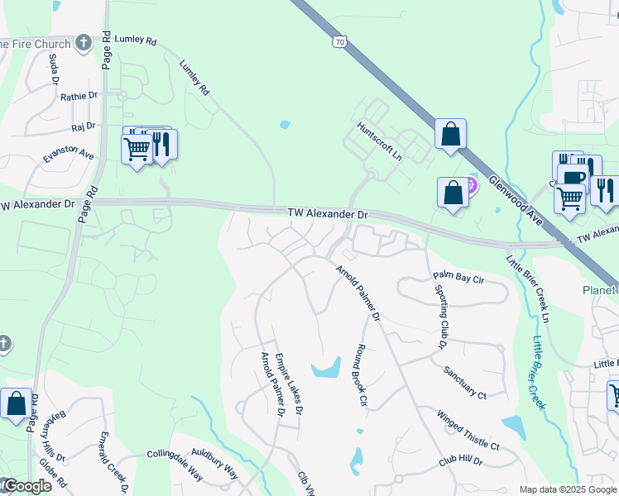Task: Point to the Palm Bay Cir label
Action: pyautogui.click(x=458, y=279)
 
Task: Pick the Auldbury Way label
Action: pyautogui.click(x=214, y=463)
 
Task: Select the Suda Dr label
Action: pyautogui.click(x=52, y=70)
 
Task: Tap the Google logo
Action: pyautogui.click(x=26, y=486)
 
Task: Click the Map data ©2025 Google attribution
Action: pyautogui.click(x=568, y=489)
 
